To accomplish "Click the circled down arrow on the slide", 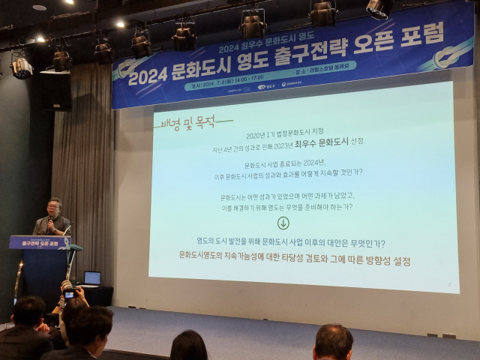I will [283, 223].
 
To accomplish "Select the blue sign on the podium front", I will [39, 242].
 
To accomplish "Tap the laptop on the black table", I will [91, 279].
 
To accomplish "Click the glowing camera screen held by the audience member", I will [69, 295].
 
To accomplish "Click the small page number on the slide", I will [448, 285].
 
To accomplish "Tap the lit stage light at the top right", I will [379, 7].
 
